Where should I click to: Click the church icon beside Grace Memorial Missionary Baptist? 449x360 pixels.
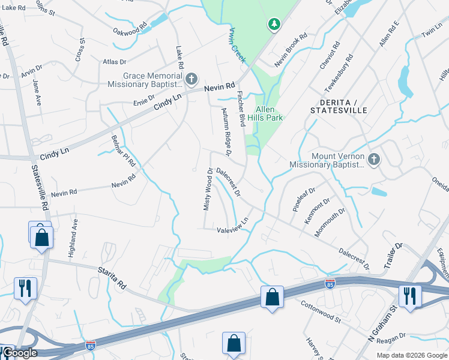click(x=191, y=79)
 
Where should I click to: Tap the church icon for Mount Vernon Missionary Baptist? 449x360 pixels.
click(x=374, y=160)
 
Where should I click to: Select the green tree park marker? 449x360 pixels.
click(x=274, y=24)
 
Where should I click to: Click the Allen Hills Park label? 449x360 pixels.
click(x=265, y=113)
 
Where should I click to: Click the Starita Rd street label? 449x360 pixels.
click(x=113, y=277)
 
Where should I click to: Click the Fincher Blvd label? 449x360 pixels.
click(x=241, y=109)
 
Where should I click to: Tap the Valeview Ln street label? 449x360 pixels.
click(x=232, y=229)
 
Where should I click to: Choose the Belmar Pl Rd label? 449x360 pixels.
click(x=124, y=151)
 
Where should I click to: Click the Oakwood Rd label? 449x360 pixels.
click(x=130, y=29)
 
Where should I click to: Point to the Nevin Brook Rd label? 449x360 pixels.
click(x=291, y=43)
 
